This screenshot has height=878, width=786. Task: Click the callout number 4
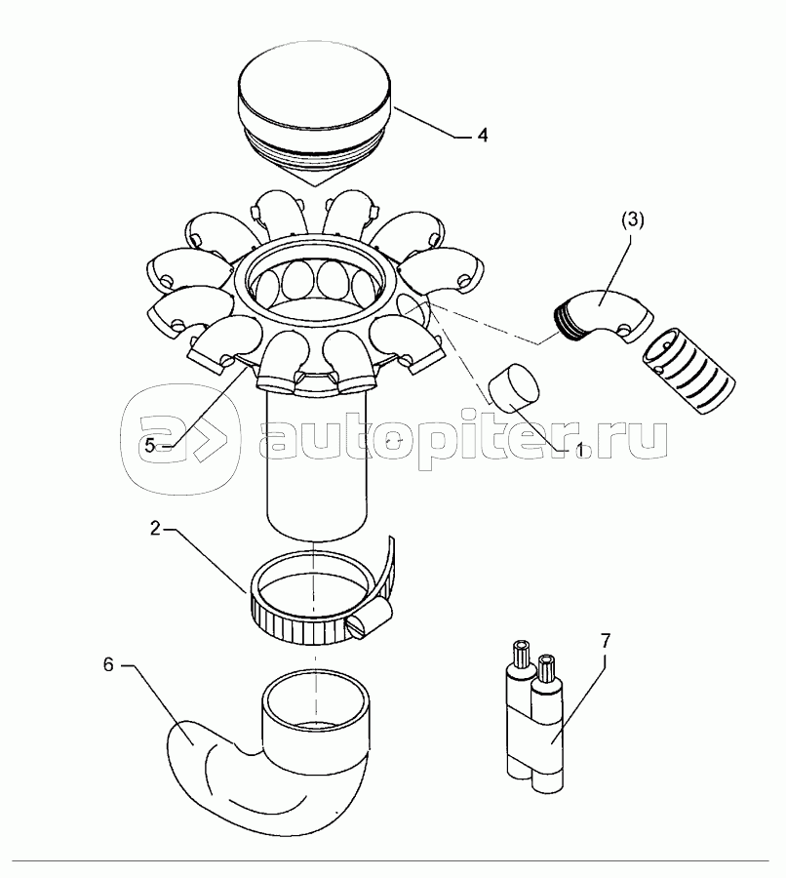482,136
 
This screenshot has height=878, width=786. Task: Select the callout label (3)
633,220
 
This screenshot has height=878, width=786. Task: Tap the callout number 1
581,449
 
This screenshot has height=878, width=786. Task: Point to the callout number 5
149,446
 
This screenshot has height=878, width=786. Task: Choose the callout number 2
156,529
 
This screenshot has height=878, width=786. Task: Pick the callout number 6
108,664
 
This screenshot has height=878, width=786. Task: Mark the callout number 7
606,640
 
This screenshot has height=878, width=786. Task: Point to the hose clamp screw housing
370,619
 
